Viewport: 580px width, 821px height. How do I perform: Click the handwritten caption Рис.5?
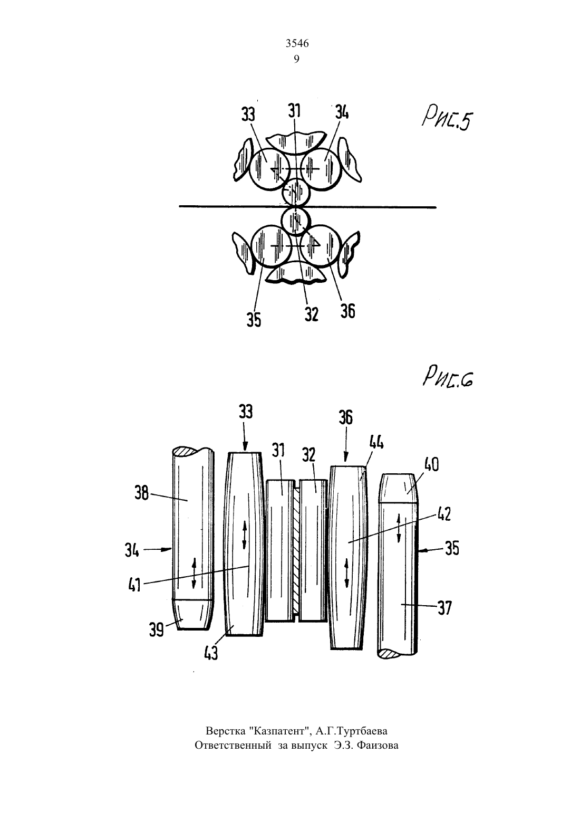(446, 121)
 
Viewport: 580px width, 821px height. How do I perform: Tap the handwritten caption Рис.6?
(448, 377)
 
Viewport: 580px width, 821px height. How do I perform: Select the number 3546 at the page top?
(297, 44)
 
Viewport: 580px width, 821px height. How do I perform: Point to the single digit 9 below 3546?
(296, 59)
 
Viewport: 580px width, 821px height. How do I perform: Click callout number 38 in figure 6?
(142, 494)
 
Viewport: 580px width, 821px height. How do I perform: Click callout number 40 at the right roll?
(431, 465)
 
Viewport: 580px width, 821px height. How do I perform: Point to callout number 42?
(443, 514)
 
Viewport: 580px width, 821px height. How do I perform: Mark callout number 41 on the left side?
(134, 585)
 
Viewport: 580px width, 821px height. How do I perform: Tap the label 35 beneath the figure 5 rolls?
(254, 320)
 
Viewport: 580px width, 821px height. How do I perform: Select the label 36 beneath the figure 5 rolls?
(347, 311)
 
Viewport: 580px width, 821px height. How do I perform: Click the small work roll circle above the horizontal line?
(296, 192)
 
